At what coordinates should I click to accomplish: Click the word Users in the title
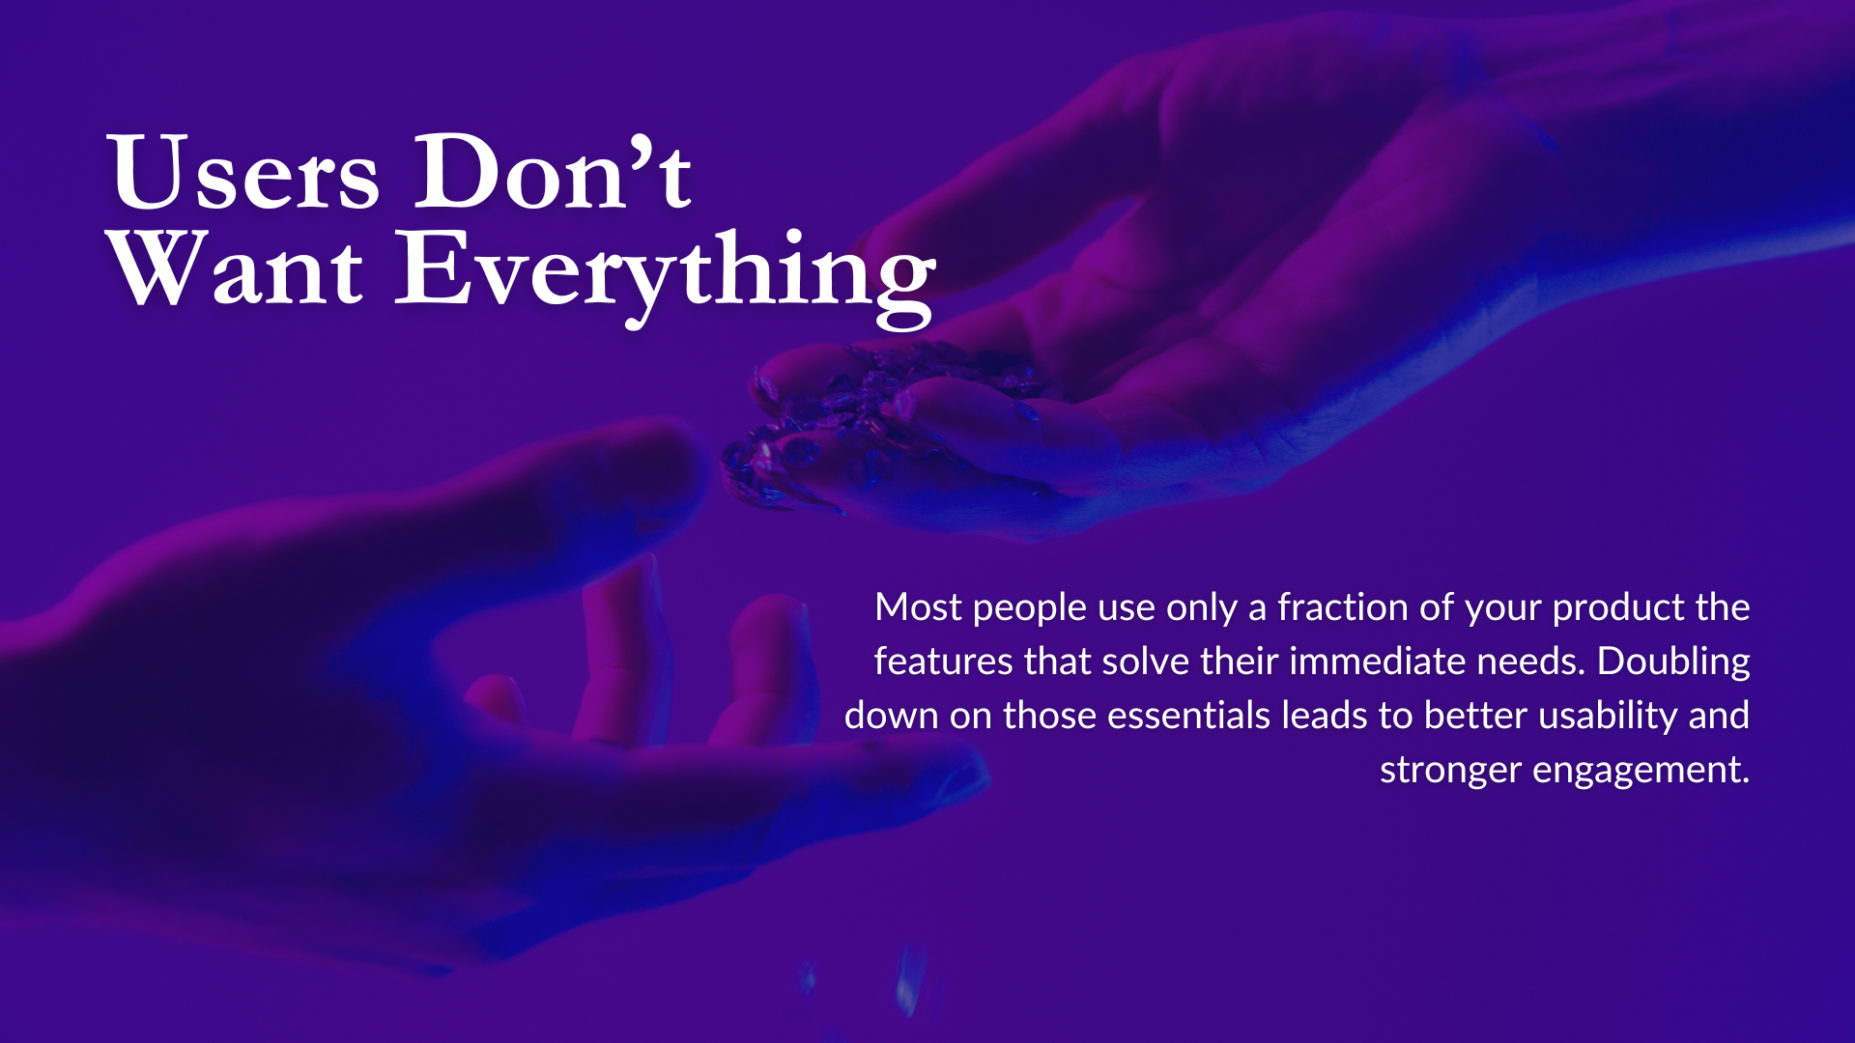click(243, 173)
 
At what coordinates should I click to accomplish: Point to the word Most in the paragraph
click(918, 607)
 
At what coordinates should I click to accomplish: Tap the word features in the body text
click(944, 662)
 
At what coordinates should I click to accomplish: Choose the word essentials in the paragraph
click(1188, 716)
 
